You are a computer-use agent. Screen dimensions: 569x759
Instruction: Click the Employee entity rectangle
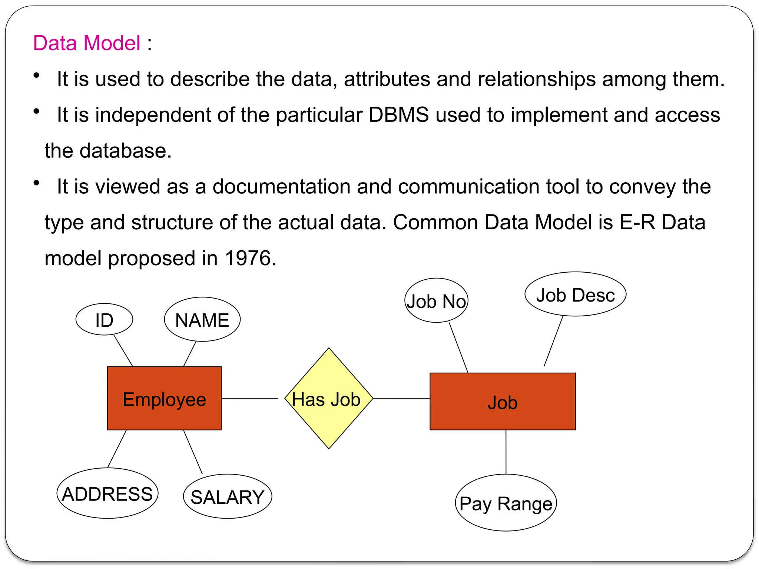pos(164,398)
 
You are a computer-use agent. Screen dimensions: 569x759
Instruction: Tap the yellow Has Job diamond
pos(328,398)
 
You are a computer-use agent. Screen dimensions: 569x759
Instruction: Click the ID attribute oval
pos(104,319)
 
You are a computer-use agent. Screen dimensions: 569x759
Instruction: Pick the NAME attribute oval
pos(202,319)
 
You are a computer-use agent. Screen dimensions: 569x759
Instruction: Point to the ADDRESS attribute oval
pos(107,493)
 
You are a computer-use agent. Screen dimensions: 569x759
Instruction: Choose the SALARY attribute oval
pos(227,496)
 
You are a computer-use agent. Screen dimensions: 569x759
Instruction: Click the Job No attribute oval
pos(436,300)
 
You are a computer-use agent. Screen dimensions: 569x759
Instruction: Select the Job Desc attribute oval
pos(575,295)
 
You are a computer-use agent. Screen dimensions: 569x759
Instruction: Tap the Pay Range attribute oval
pos(506,503)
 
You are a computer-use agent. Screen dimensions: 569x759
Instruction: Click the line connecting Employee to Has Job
pos(249,398)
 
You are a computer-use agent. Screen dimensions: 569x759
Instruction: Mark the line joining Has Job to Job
pos(401,398)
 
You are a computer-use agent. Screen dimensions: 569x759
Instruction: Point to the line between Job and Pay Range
pos(506,452)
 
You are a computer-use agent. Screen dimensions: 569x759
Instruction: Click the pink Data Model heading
pos(87,43)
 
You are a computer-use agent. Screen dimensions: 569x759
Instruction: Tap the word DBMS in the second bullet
pos(398,115)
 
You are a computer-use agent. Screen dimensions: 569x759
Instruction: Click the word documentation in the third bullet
pos(281,186)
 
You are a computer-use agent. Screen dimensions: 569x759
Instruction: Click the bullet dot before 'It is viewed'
pos(36,183)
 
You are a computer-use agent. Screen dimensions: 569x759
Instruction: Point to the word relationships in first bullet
pos(536,79)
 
